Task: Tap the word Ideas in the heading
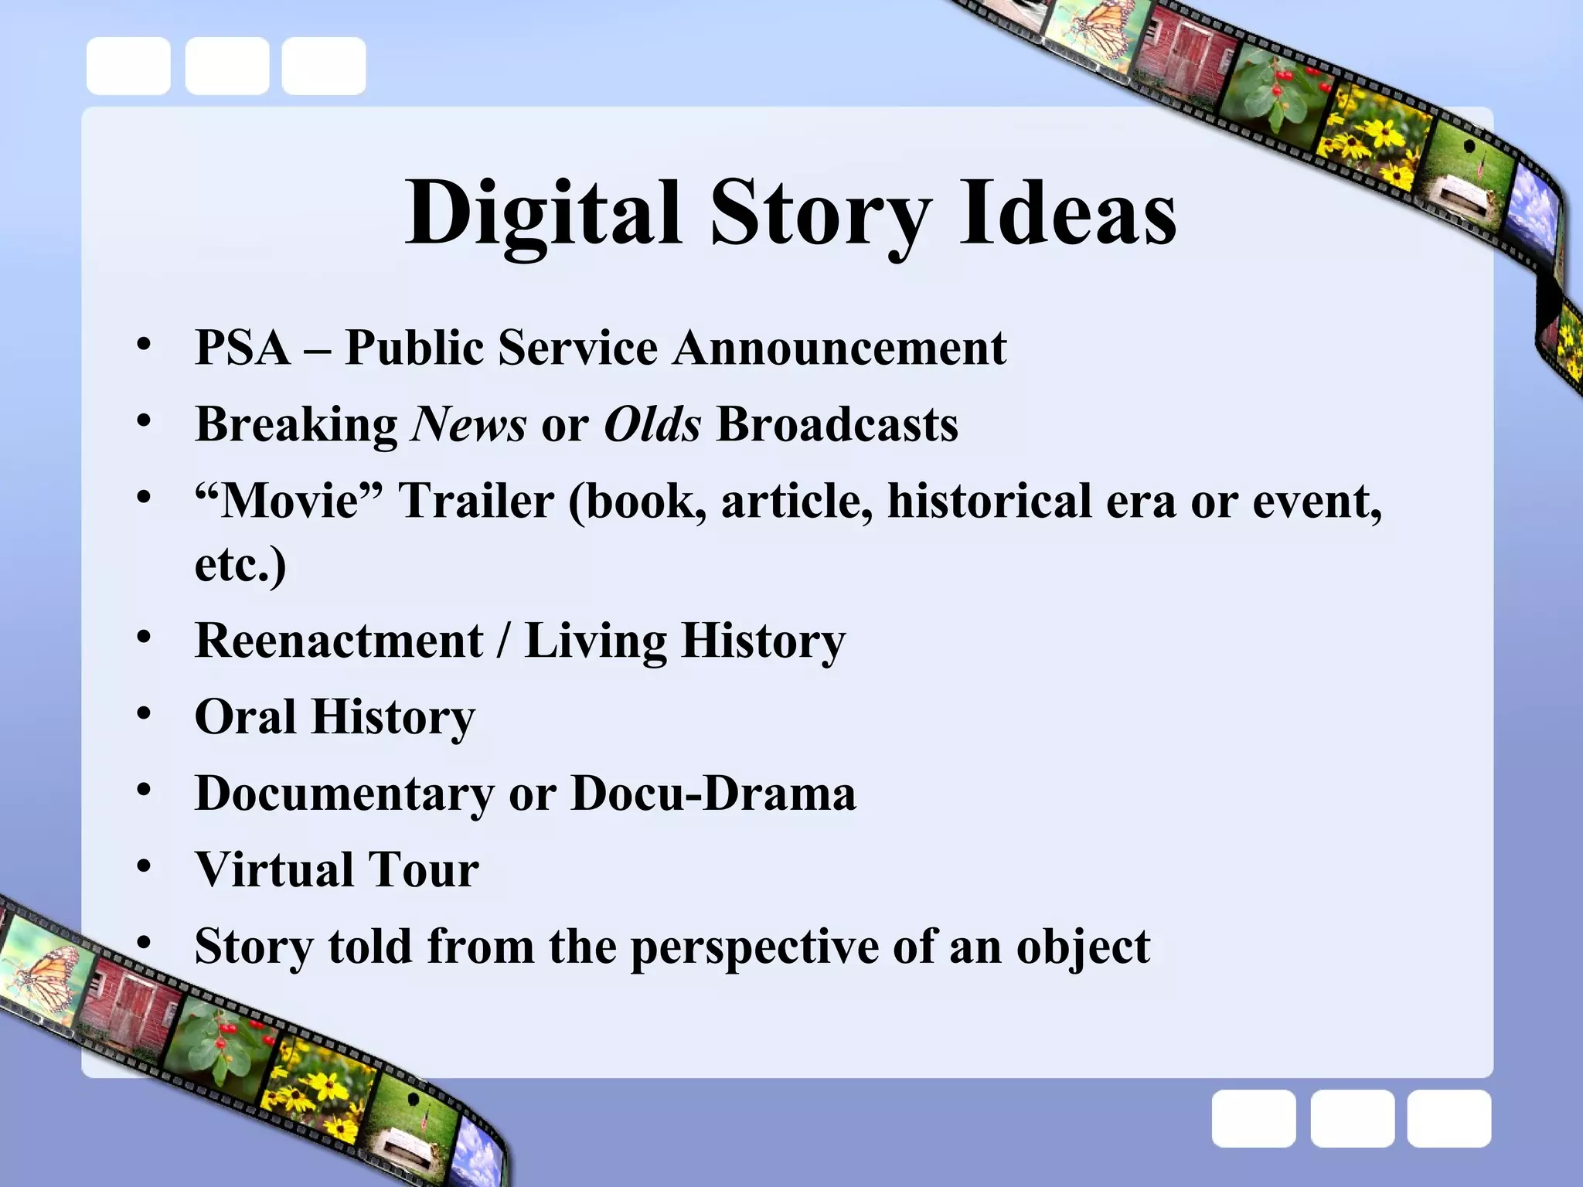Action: [1067, 213]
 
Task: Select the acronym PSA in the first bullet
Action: [243, 347]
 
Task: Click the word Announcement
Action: [839, 347]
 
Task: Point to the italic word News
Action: [468, 424]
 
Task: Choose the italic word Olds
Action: [652, 424]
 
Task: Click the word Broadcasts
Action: [837, 424]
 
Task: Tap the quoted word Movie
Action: [289, 501]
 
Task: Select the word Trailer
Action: [476, 501]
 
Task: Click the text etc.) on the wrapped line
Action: [240, 563]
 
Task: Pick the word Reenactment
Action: [339, 641]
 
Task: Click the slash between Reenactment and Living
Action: [504, 641]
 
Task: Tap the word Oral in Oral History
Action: [245, 716]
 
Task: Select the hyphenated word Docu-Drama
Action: [713, 794]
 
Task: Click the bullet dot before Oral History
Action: [144, 715]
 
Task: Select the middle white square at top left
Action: [227, 66]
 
